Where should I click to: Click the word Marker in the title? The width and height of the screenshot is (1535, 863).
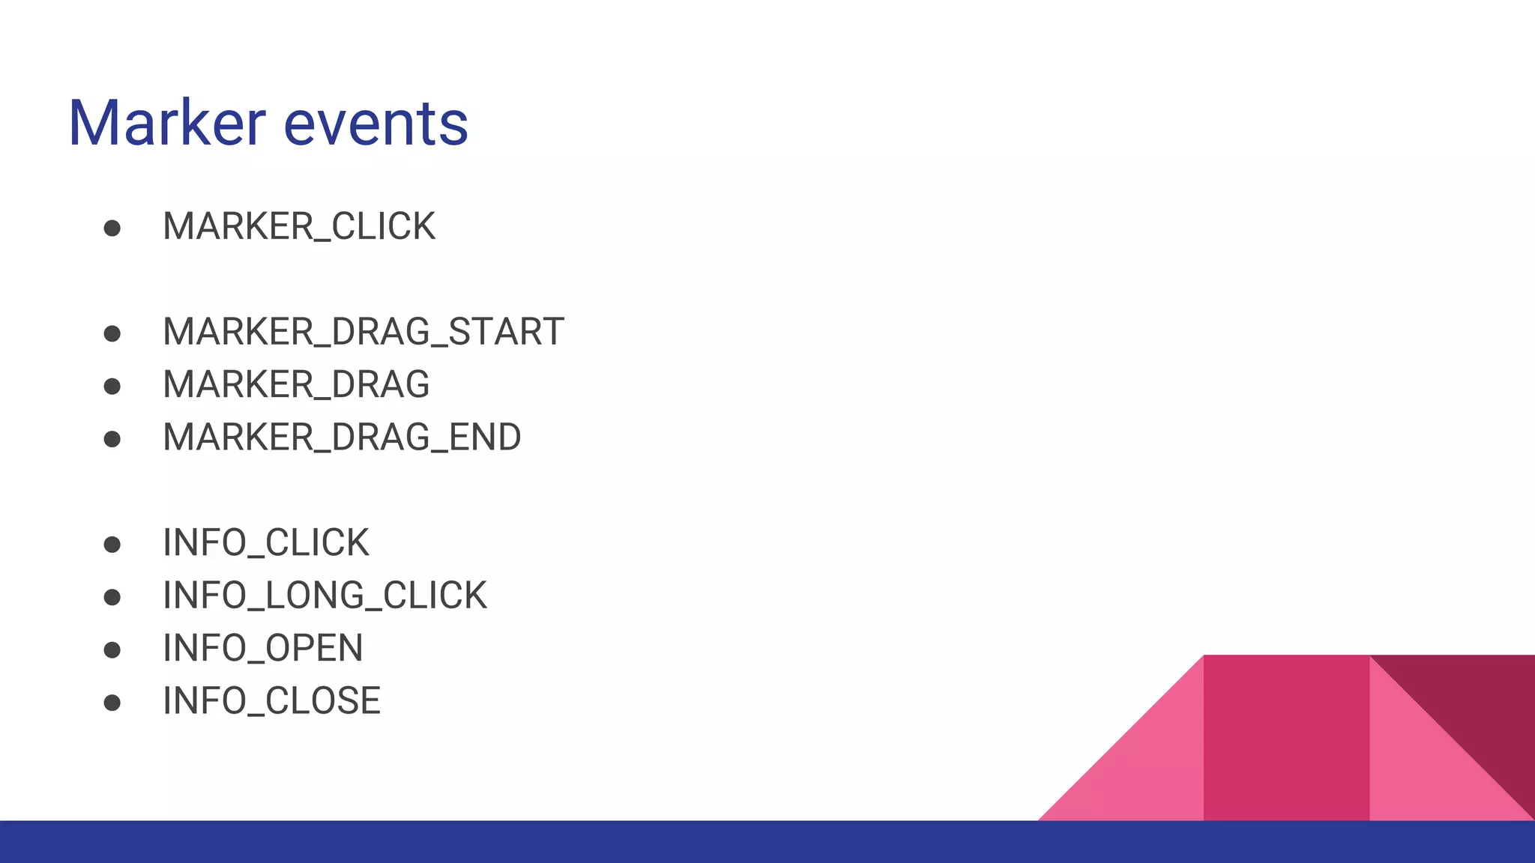[x=166, y=123]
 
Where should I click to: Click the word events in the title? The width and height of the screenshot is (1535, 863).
[x=376, y=123]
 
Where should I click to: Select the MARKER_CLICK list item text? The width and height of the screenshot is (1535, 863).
[x=298, y=226]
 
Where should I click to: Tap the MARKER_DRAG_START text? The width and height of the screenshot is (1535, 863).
[x=363, y=332]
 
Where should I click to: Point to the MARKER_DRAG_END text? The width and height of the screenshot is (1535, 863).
[x=342, y=437]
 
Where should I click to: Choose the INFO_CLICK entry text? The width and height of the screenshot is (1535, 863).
[x=265, y=543]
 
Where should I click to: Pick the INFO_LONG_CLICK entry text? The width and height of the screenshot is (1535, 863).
[x=325, y=596]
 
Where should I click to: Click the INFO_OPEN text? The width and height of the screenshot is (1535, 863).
[x=262, y=649]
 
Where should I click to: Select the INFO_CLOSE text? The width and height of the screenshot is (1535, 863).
[x=271, y=701]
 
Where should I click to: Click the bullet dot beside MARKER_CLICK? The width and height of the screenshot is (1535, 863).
[x=112, y=228]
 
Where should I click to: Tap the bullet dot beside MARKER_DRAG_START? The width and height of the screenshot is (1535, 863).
[x=112, y=333]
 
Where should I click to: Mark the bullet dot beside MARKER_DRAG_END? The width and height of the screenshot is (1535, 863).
[x=112, y=439]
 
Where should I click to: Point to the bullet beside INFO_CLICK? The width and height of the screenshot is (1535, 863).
[x=112, y=545]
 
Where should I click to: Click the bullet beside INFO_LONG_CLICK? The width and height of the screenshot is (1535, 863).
[x=112, y=597]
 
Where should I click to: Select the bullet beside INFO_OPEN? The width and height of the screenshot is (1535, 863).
[x=112, y=650]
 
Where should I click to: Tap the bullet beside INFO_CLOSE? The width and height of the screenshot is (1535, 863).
[x=112, y=703]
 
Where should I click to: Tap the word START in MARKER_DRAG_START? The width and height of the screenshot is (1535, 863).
[x=506, y=332]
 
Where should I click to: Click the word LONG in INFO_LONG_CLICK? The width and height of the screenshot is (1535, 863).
[x=314, y=596]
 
